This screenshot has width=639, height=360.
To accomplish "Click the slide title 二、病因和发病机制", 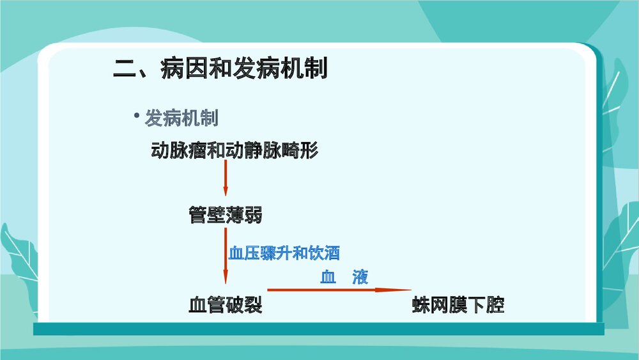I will [220, 67].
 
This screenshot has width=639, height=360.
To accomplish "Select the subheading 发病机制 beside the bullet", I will [181, 118].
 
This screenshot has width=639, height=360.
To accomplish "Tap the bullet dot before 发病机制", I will [136, 115].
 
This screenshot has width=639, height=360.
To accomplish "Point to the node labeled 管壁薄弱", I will [225, 215].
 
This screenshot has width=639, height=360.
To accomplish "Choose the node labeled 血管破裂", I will [225, 305].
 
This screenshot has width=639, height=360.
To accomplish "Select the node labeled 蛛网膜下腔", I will [458, 305].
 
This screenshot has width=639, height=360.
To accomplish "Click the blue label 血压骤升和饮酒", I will [284, 253].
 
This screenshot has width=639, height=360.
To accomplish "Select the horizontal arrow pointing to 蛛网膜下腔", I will [332, 290].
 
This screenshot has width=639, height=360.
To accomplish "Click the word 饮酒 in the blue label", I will [324, 253].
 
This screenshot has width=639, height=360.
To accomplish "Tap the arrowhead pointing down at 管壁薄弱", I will [226, 192].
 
